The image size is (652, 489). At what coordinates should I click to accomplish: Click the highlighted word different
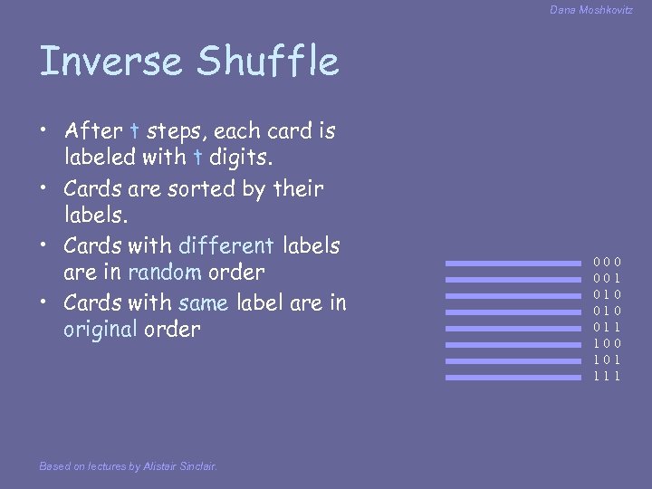click(x=227, y=244)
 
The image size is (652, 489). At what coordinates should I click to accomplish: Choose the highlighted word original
click(x=100, y=329)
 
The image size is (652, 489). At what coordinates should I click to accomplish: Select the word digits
click(x=239, y=159)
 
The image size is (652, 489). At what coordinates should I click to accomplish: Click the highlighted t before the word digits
click(x=197, y=159)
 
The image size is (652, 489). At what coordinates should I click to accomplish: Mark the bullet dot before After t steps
click(x=44, y=132)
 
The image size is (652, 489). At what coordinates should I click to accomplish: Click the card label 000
click(x=607, y=263)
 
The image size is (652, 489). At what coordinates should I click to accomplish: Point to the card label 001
click(x=607, y=279)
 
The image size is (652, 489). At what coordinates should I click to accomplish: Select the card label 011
click(x=607, y=328)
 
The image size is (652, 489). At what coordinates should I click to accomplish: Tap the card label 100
click(x=607, y=344)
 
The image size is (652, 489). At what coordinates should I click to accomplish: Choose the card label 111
click(x=607, y=377)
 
